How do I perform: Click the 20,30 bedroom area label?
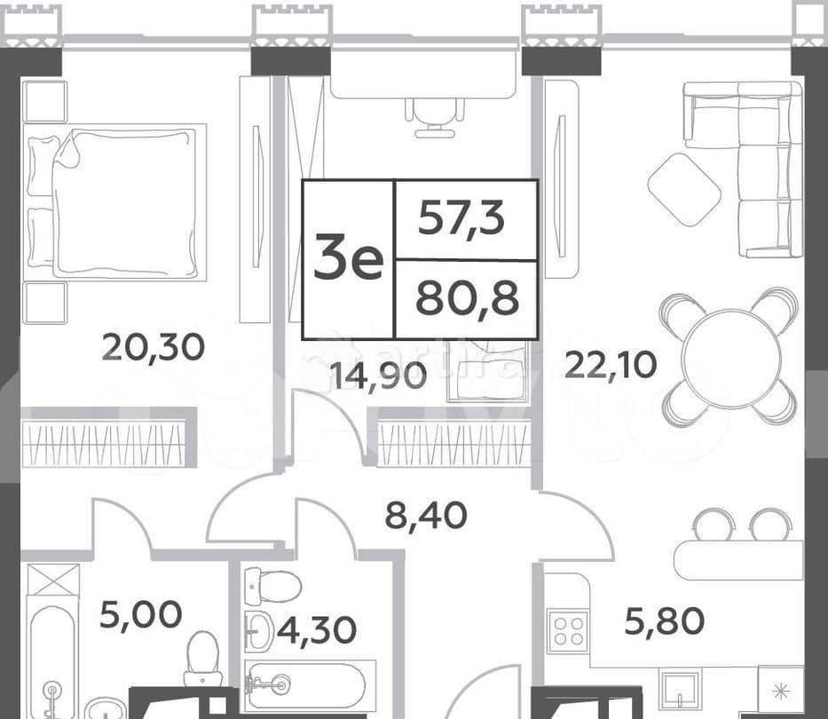point(153,346)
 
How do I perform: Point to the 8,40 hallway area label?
point(426,514)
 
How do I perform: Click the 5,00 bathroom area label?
point(140,613)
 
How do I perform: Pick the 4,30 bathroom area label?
point(316,629)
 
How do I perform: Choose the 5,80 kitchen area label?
point(665,620)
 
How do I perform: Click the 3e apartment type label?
point(348,259)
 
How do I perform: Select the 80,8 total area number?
point(467,299)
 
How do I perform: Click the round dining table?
point(730,357)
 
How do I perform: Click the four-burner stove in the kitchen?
point(566,630)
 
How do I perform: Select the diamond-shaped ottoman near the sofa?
point(683,188)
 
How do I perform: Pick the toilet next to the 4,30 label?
point(272,587)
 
